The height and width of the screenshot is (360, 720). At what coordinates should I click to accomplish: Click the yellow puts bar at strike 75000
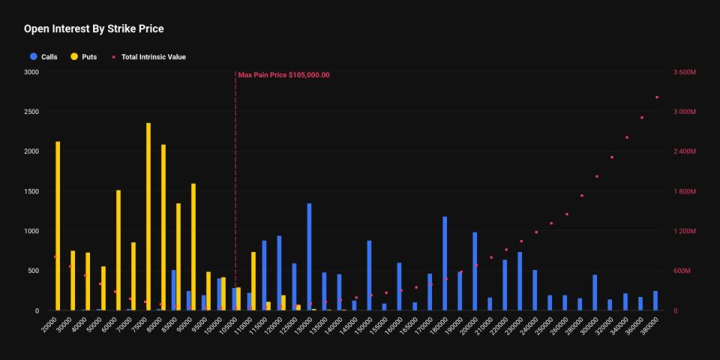click(148, 217)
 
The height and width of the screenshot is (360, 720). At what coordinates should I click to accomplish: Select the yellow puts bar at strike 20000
click(58, 226)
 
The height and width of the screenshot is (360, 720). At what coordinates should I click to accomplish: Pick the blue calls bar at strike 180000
click(445, 263)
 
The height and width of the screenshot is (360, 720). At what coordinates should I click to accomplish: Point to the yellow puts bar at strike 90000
click(193, 247)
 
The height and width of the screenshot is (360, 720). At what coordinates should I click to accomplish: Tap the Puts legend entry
click(83, 57)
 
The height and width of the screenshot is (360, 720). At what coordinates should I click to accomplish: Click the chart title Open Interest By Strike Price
click(94, 29)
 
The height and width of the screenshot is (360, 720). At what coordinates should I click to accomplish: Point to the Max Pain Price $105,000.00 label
click(283, 75)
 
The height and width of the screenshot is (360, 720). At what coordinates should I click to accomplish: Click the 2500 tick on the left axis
click(31, 112)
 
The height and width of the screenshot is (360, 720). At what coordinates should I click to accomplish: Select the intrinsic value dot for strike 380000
click(657, 97)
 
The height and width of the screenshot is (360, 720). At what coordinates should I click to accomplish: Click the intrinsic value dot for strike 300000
click(597, 176)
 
